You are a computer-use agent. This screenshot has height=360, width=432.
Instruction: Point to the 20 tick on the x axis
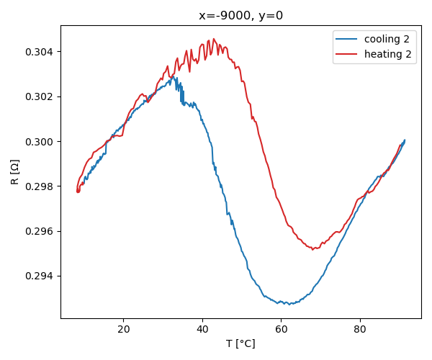pyautogui.click(x=123, y=329)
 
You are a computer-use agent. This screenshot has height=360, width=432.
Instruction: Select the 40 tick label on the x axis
pyautogui.click(x=202, y=329)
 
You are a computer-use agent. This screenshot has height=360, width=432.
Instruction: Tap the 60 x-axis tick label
pyautogui.click(x=281, y=329)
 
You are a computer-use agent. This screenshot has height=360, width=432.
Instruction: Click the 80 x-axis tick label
pyautogui.click(x=360, y=329)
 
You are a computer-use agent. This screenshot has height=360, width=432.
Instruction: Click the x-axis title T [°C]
pyautogui.click(x=240, y=343)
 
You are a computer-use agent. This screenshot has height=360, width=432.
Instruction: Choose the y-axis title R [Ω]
pyautogui.click(x=14, y=172)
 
